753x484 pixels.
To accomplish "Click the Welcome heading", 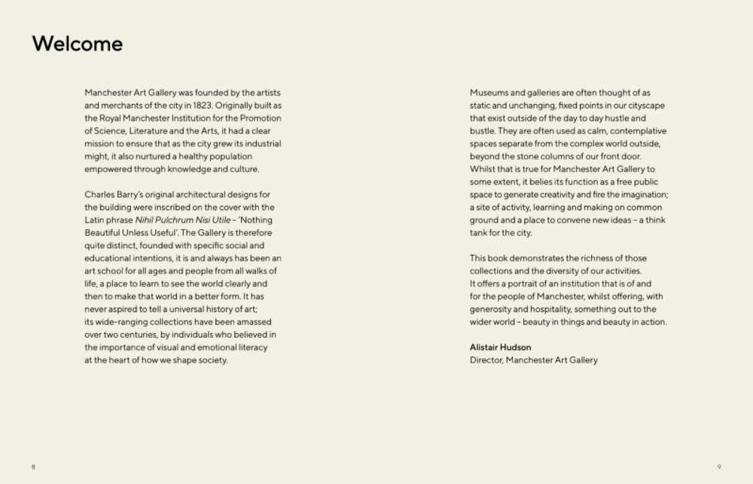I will (77, 44).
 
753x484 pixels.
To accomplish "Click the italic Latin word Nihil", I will (145, 220).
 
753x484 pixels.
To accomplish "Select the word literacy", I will (251, 348).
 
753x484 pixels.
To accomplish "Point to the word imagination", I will (639, 195).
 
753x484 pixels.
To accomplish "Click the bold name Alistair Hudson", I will (500, 348).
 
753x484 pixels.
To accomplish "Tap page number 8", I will (33, 467).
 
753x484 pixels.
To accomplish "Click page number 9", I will (719, 467).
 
